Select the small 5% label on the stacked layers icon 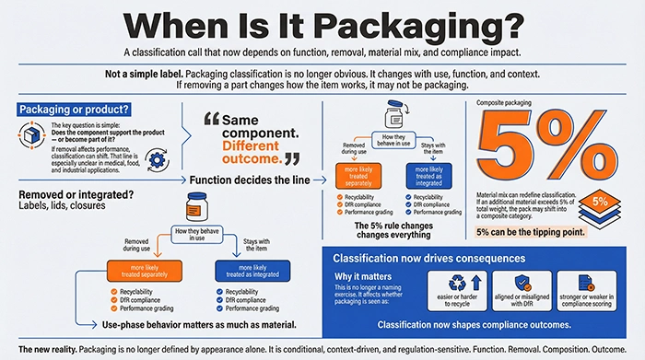(598, 201)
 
